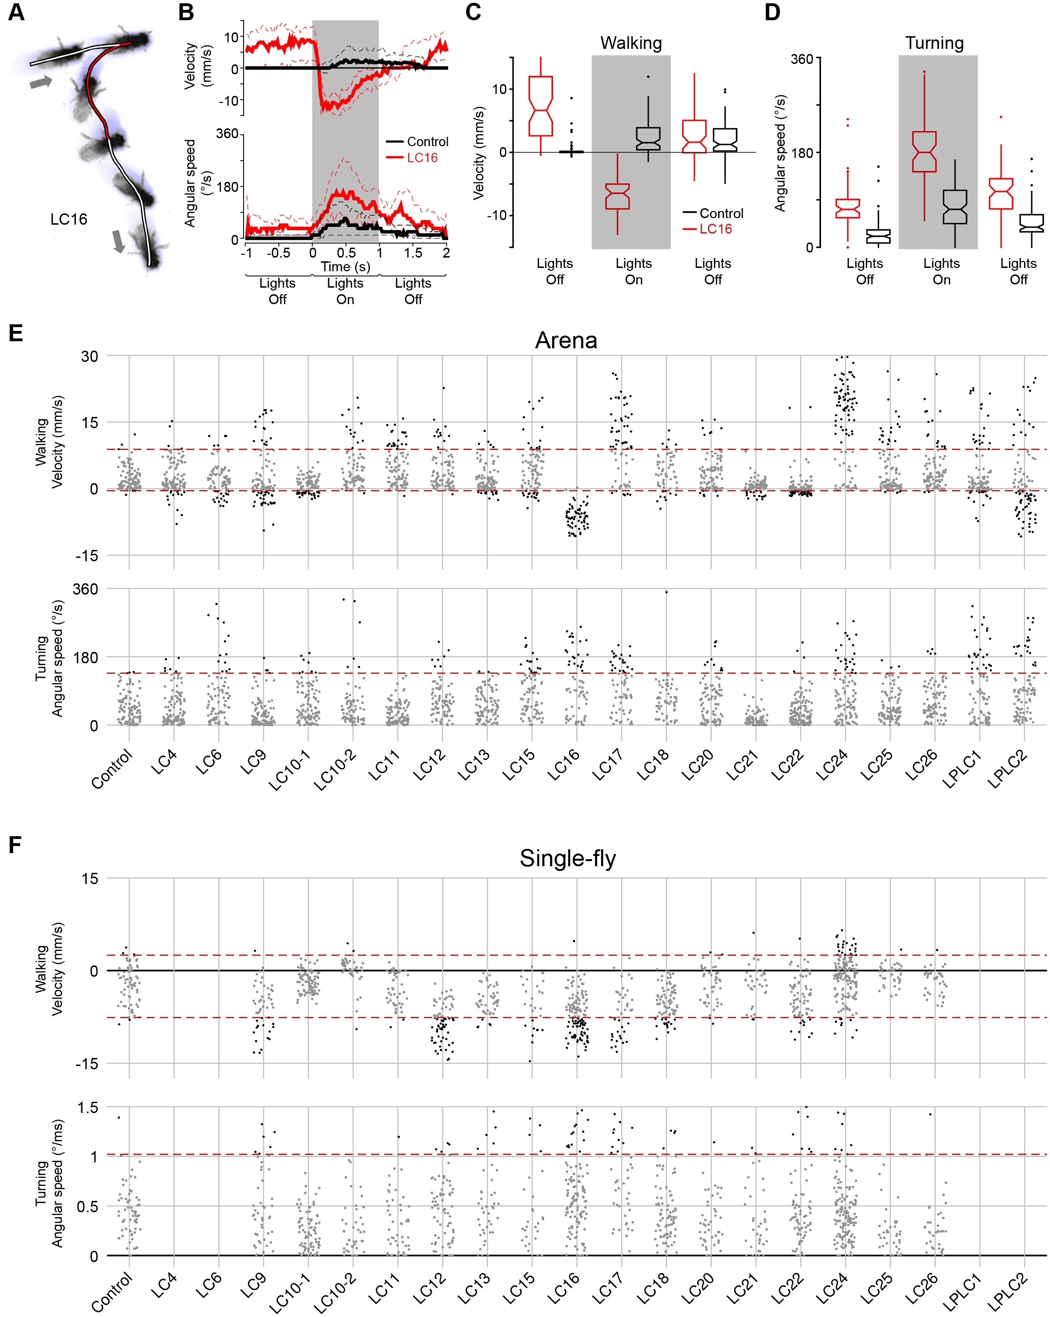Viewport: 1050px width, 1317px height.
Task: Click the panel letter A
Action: (x=16, y=12)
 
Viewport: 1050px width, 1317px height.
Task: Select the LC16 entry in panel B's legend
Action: (x=422, y=157)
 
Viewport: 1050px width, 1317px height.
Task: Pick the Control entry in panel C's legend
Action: (x=721, y=213)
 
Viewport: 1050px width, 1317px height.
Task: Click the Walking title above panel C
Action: (x=631, y=43)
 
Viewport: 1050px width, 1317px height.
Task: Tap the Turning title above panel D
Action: (x=934, y=43)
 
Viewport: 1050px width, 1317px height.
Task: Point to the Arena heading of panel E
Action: (x=566, y=340)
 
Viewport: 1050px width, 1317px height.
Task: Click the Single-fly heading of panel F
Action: (x=567, y=858)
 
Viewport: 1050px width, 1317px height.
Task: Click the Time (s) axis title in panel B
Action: (x=345, y=267)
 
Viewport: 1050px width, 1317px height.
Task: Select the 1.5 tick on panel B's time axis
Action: (x=413, y=252)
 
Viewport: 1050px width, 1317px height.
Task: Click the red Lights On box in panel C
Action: (x=617, y=196)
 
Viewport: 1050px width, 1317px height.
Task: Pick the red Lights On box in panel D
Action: (x=924, y=151)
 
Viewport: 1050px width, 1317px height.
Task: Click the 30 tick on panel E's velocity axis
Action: (x=89, y=356)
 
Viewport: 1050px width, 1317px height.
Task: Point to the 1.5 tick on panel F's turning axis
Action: (x=86, y=1107)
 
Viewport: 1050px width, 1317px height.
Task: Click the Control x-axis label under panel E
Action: (x=112, y=770)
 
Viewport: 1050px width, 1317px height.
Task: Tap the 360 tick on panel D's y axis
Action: (x=801, y=59)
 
